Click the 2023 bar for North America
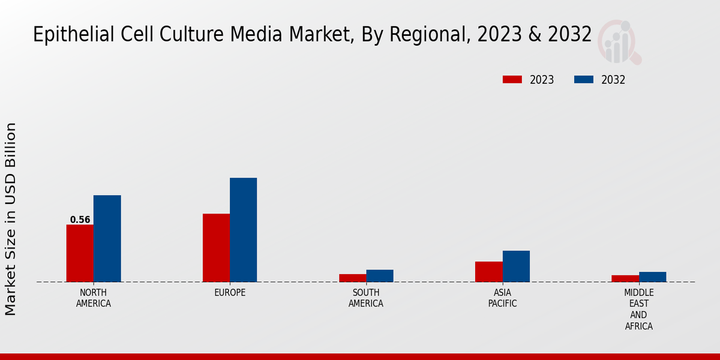click(x=80, y=253)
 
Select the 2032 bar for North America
click(x=107, y=238)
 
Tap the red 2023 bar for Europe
click(x=216, y=248)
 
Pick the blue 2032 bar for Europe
click(x=243, y=230)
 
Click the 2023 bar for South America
click(x=352, y=278)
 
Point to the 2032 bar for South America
click(x=380, y=275)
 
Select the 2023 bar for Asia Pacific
click(x=488, y=271)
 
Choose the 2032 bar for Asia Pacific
click(x=516, y=266)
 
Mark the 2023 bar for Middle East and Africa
click(x=625, y=278)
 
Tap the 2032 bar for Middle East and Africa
click(x=652, y=277)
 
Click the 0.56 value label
click(x=80, y=220)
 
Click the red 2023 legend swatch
click(x=512, y=80)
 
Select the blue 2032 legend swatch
click(x=584, y=80)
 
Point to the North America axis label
click(x=94, y=298)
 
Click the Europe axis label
click(x=230, y=293)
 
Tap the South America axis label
click(x=366, y=298)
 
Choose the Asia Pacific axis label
click(x=502, y=298)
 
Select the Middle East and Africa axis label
click(x=638, y=310)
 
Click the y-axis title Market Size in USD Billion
click(x=11, y=219)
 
